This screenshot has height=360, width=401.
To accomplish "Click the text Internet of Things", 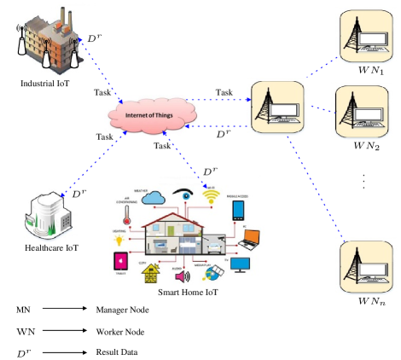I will [151, 114].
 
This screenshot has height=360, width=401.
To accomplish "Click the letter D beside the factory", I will [91, 39].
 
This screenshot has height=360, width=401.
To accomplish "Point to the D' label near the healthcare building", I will [78, 195].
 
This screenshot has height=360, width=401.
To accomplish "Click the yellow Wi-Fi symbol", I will [211, 197].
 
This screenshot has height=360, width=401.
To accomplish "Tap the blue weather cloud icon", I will [154, 198].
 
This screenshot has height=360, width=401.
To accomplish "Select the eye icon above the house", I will [182, 194].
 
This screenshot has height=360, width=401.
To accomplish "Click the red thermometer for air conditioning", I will [125, 212].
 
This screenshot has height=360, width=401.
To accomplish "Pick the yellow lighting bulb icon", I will [120, 241].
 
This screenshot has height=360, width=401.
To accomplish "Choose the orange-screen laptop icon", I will [251, 236].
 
